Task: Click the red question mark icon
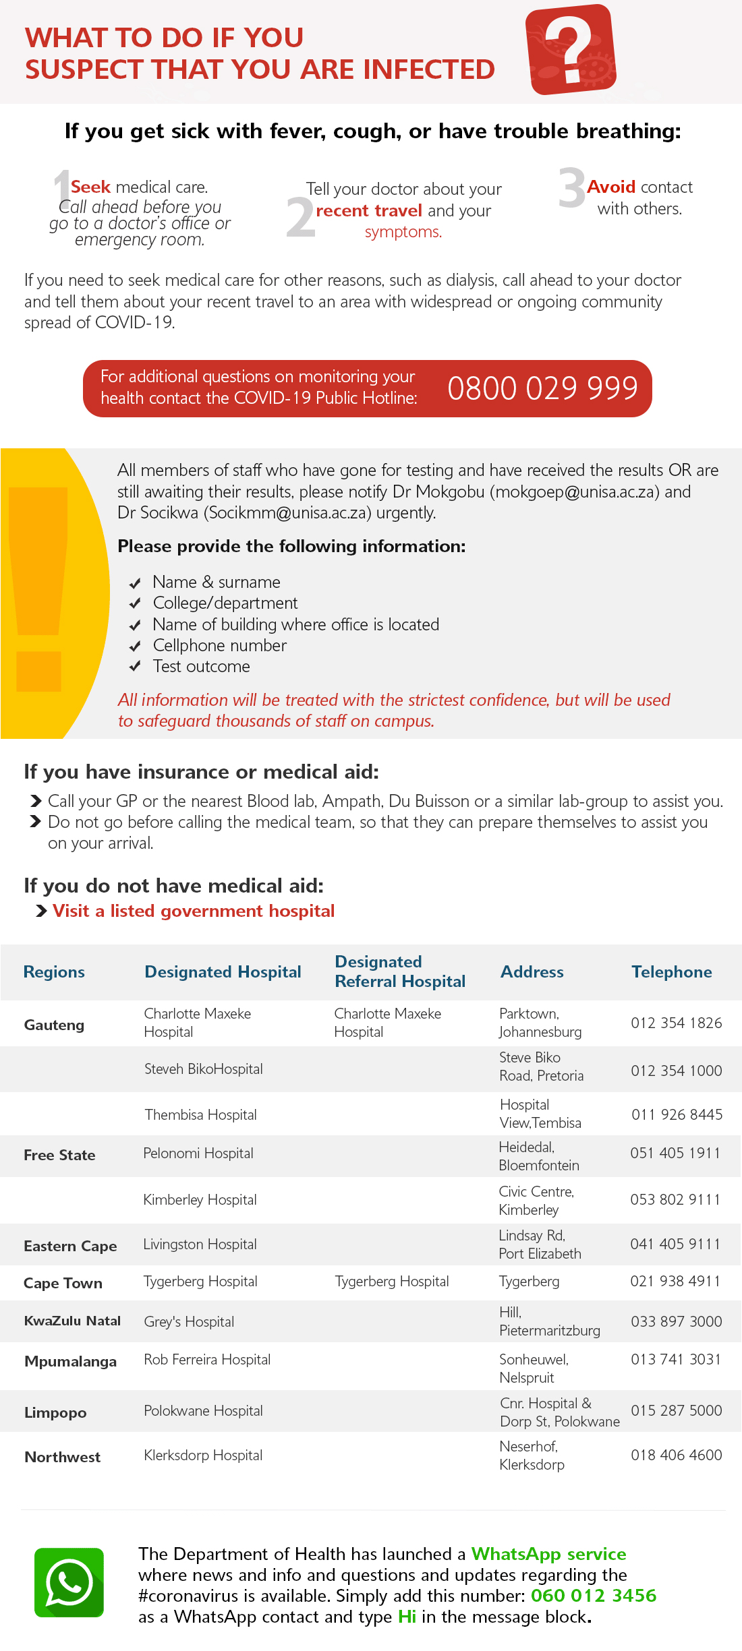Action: (571, 49)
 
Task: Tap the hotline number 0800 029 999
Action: (542, 388)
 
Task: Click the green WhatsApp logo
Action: (69, 1582)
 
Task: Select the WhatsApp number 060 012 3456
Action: (593, 1596)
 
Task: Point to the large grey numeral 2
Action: (300, 217)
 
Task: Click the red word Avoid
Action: (611, 187)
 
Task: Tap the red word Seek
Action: (90, 187)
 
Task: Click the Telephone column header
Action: (671, 971)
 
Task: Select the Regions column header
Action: (54, 971)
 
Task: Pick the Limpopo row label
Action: (55, 1412)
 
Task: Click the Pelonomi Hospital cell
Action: (198, 1153)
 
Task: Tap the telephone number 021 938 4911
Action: (675, 1281)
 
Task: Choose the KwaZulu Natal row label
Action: (72, 1321)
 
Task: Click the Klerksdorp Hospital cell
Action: (203, 1455)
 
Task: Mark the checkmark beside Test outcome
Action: (135, 667)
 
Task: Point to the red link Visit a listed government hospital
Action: (194, 911)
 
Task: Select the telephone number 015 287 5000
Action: (676, 1410)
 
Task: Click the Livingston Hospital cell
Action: (200, 1244)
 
